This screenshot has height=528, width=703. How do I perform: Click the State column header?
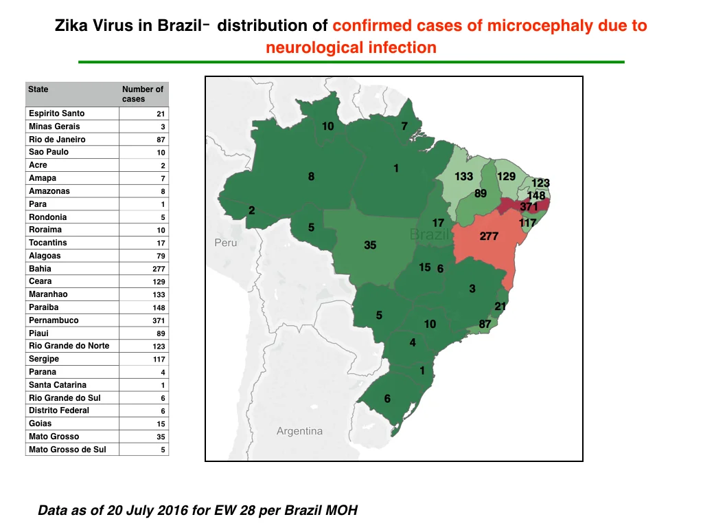click(38, 89)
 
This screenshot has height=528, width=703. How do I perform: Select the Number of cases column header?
click(143, 93)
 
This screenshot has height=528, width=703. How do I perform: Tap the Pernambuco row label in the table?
click(54, 320)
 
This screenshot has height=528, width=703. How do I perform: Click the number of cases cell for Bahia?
click(159, 269)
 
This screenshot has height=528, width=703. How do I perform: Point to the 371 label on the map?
click(529, 206)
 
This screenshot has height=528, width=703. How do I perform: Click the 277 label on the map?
click(489, 236)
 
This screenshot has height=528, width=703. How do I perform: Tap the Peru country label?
click(225, 243)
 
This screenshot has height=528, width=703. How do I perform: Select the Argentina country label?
click(299, 431)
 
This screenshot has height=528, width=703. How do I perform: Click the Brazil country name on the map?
click(429, 234)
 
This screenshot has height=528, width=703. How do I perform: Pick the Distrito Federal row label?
click(59, 410)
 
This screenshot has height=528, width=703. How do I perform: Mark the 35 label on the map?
click(370, 245)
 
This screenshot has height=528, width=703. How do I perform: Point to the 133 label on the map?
click(463, 177)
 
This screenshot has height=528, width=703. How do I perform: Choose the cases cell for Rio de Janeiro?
click(161, 140)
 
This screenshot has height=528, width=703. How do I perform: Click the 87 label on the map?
click(485, 324)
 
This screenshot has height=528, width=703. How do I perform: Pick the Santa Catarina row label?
click(58, 385)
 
